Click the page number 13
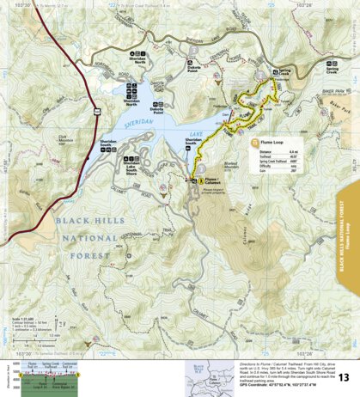[x=343, y=377]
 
